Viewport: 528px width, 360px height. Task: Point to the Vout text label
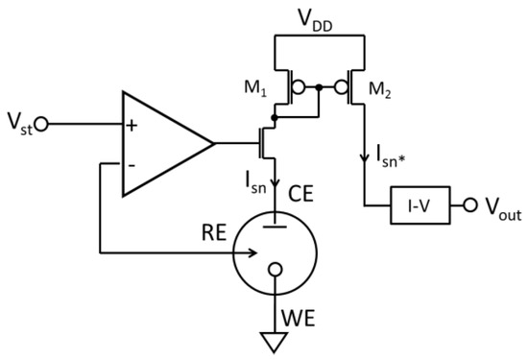pyautogui.click(x=501, y=209)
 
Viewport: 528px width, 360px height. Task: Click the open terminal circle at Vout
pyautogui.click(x=469, y=207)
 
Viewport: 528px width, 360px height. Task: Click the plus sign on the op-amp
pyautogui.click(x=131, y=125)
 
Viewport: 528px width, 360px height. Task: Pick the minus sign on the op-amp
pyautogui.click(x=131, y=163)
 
